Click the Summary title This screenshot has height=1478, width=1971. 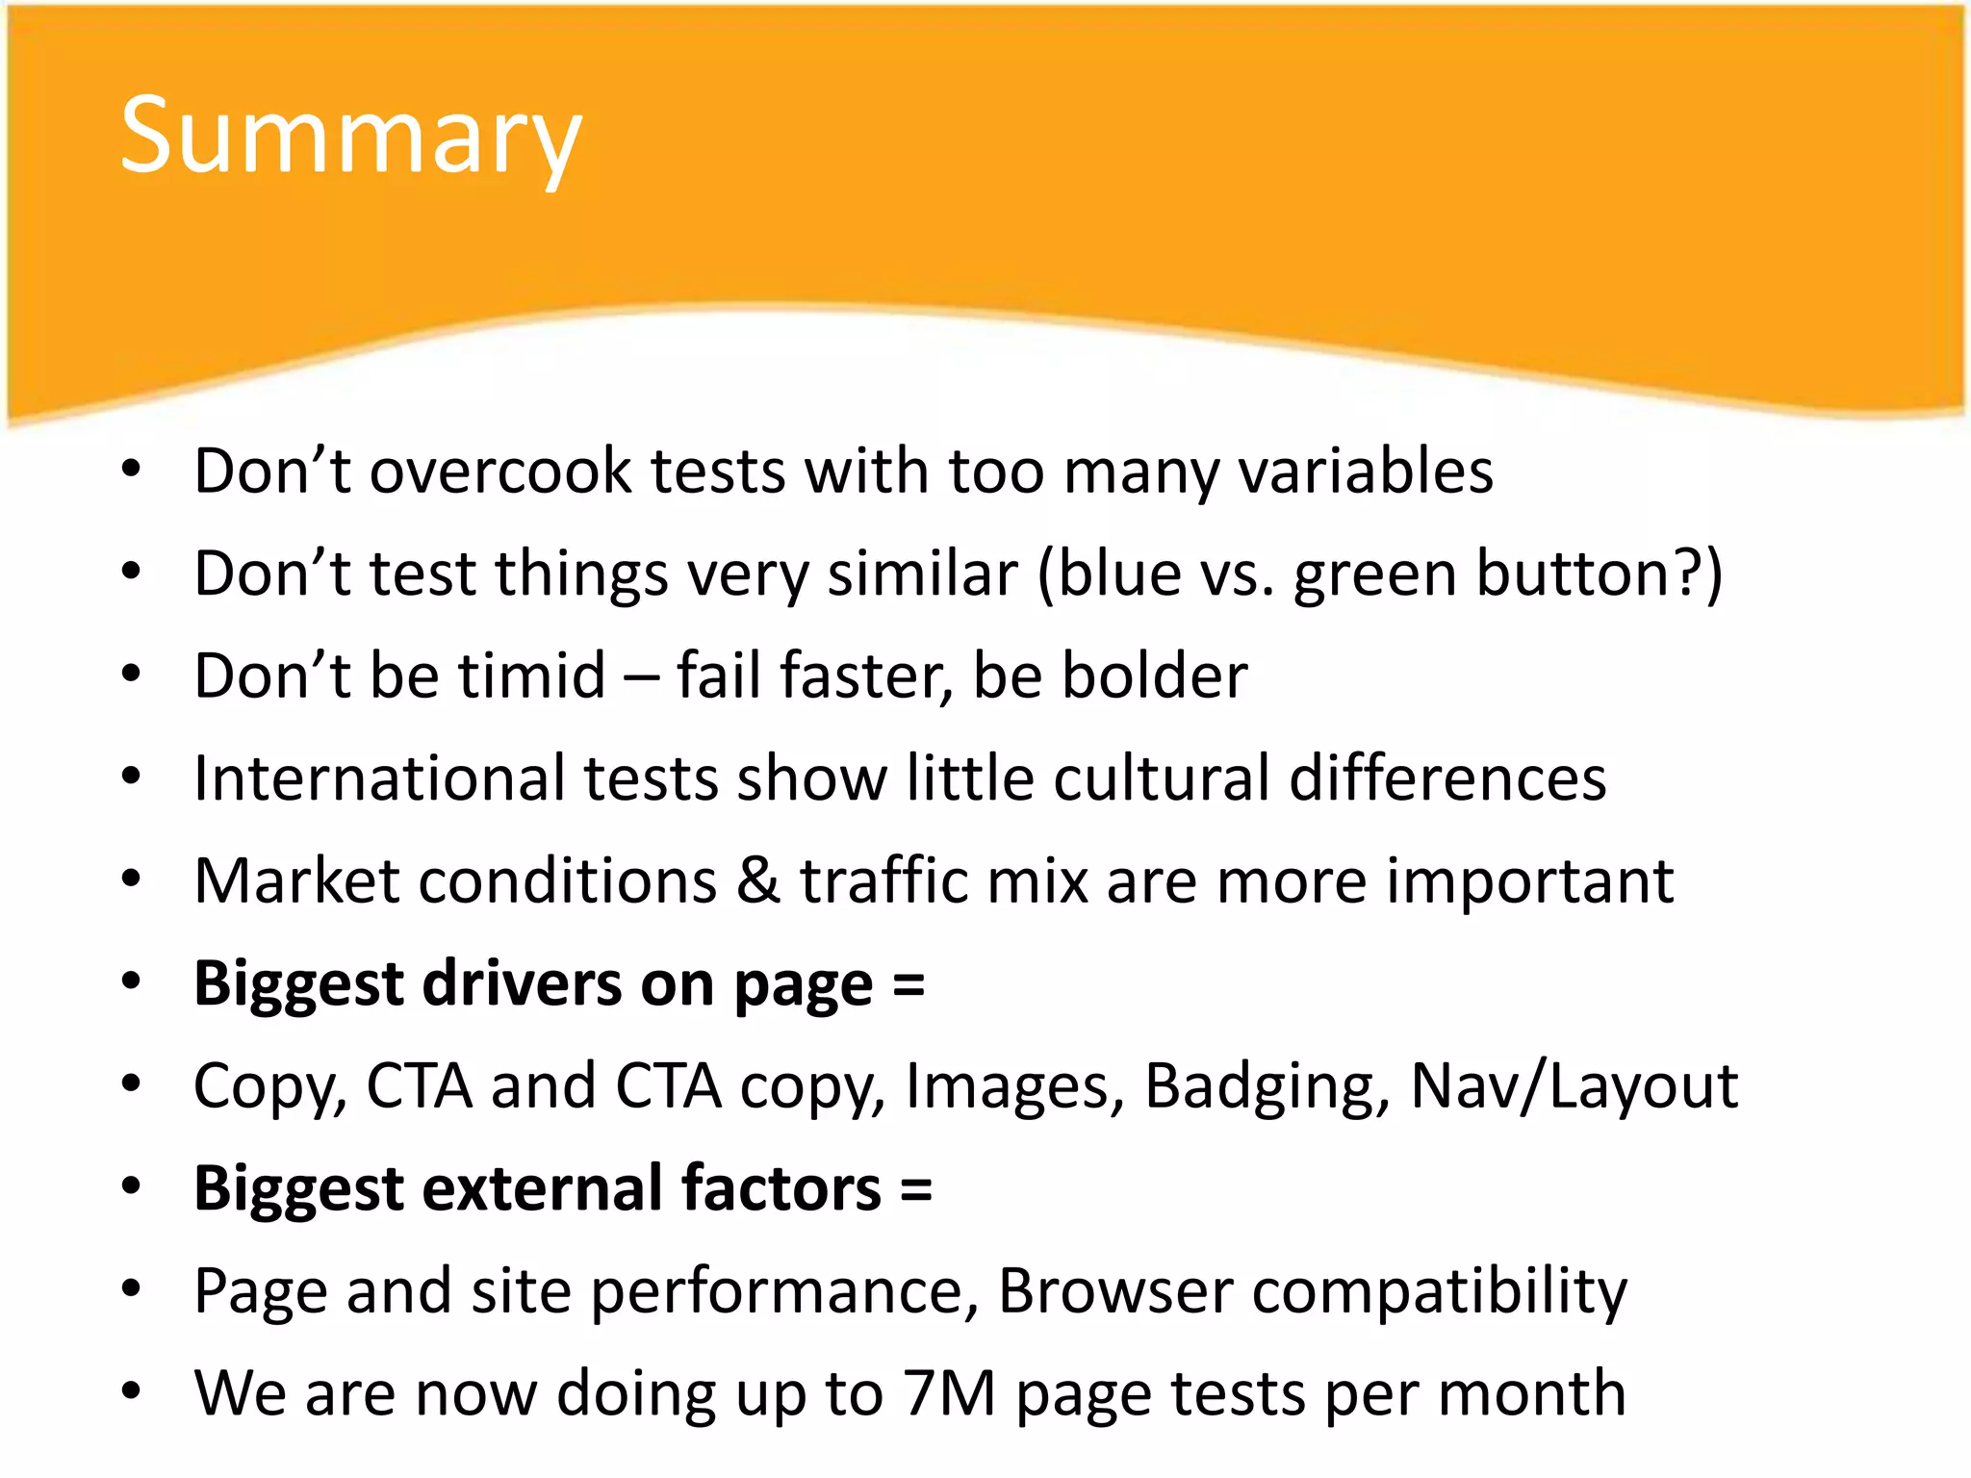pyautogui.click(x=350, y=138)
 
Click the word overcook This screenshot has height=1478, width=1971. pyautogui.click(x=500, y=471)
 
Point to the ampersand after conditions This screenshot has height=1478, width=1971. pyautogui.click(x=758, y=880)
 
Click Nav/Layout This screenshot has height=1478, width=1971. pyautogui.click(x=1574, y=1087)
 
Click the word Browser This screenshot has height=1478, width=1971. pyautogui.click(x=1115, y=1290)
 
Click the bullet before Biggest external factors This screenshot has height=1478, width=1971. pyautogui.click(x=132, y=1188)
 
